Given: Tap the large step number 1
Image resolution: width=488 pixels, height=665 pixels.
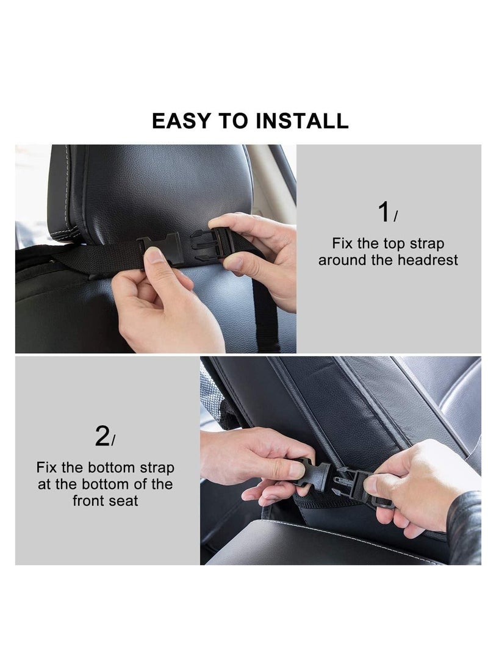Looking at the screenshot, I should tap(384, 213).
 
